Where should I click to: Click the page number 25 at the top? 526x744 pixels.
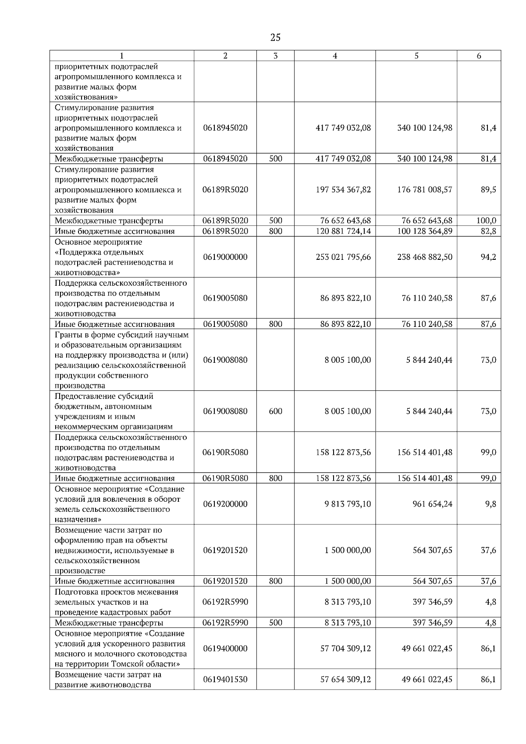275,37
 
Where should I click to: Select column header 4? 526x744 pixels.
335,56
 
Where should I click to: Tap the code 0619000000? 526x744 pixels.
225,257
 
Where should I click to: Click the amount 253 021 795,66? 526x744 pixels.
343,257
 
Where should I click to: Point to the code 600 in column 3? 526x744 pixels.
275,411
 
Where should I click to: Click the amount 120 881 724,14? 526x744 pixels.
343,231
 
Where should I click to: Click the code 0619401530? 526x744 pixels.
225,680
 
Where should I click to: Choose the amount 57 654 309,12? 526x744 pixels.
345,680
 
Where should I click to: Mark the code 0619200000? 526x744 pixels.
225,504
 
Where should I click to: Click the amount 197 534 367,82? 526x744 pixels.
343,190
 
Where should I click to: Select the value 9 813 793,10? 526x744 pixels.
348,504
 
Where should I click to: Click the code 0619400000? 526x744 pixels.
225,648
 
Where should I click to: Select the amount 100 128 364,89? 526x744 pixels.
425,231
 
